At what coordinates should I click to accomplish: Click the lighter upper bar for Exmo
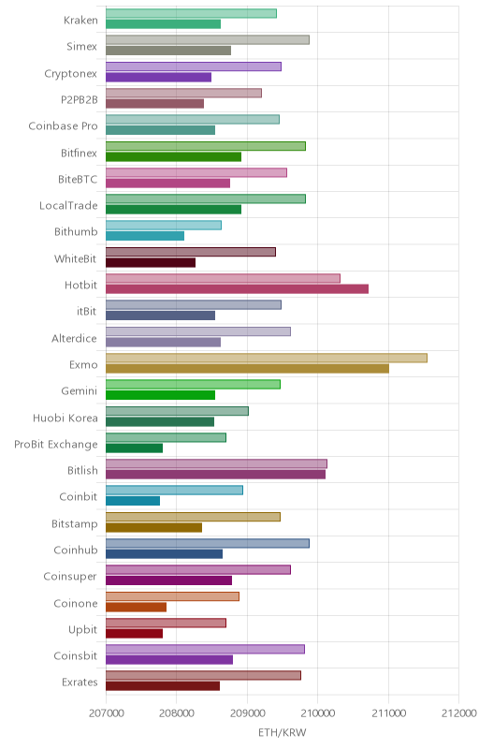267,358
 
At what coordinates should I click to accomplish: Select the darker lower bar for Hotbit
237,288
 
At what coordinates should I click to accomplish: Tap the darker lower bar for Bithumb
145,236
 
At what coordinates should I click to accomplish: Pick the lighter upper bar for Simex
208,39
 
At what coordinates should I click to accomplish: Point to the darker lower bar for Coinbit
133,501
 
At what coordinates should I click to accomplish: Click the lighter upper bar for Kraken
191,13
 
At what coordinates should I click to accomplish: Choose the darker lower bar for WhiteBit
151,262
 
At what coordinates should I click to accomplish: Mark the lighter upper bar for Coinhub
208,543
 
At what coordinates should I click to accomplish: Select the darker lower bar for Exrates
163,686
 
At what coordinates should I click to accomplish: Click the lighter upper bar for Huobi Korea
177,411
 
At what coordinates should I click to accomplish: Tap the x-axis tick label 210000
318,713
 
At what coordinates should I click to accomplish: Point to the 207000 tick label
107,713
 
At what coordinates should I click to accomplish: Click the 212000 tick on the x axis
459,713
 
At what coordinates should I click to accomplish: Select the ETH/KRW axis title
283,732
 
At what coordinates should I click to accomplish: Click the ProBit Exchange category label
56,444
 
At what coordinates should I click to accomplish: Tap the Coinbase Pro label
63,126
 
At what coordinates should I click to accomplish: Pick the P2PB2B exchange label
80,100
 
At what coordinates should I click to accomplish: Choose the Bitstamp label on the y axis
75,524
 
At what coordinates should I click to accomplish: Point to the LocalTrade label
68,205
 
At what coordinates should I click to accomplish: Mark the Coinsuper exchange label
70,577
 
